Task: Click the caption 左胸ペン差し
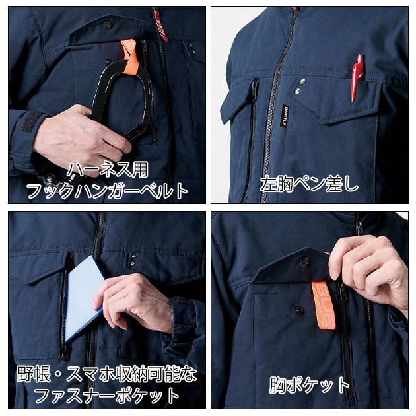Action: (309, 183)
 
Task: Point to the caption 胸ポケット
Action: (309, 384)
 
